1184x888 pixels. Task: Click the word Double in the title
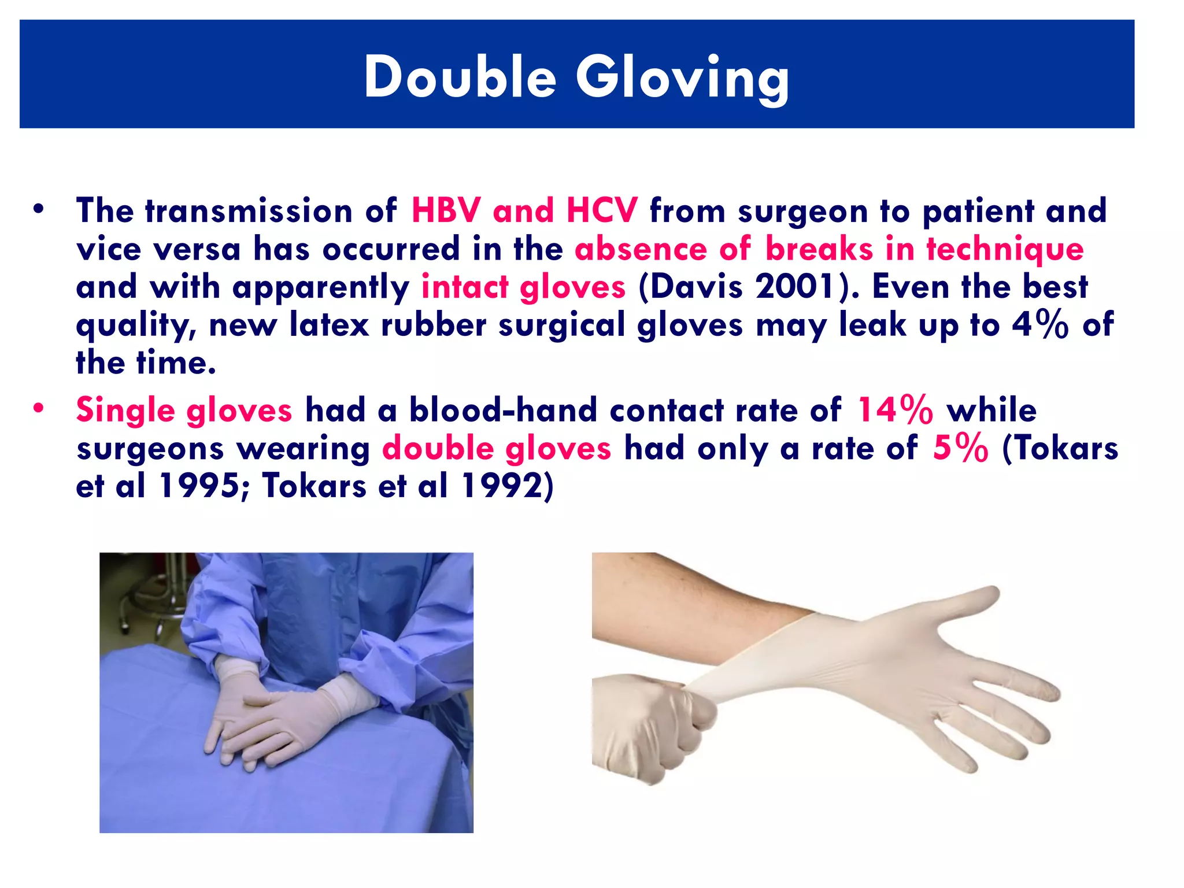pyautogui.click(x=460, y=77)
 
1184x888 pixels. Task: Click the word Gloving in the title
pyautogui.click(x=682, y=79)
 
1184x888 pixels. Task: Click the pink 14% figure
pyautogui.click(x=894, y=410)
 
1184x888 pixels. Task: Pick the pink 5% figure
pyautogui.click(x=960, y=448)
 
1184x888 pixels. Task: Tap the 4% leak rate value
pyautogui.click(x=1039, y=324)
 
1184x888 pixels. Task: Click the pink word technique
pyautogui.click(x=1005, y=249)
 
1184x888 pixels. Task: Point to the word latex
pyautogui.click(x=329, y=324)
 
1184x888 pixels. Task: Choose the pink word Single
pyautogui.click(x=125, y=411)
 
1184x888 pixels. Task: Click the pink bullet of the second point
pyautogui.click(x=38, y=408)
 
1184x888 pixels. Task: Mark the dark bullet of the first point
pyautogui.click(x=38, y=209)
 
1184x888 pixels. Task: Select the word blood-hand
pyautogui.click(x=503, y=410)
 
